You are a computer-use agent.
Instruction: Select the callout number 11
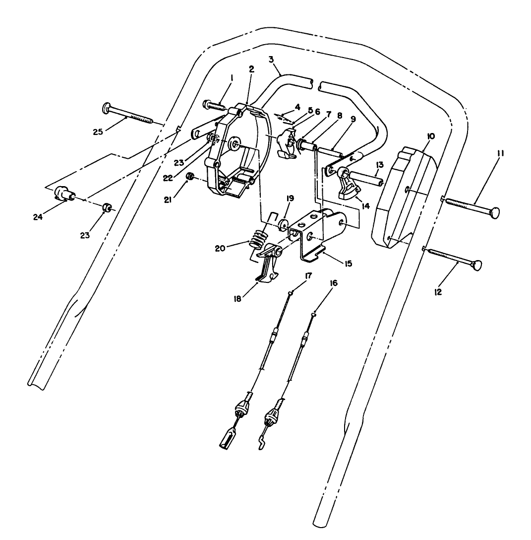click(x=501, y=154)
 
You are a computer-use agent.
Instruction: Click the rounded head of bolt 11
click(x=493, y=212)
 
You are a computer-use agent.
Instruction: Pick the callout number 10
click(x=430, y=136)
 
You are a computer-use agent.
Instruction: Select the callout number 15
click(x=349, y=264)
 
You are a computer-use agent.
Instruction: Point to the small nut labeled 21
click(x=189, y=177)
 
